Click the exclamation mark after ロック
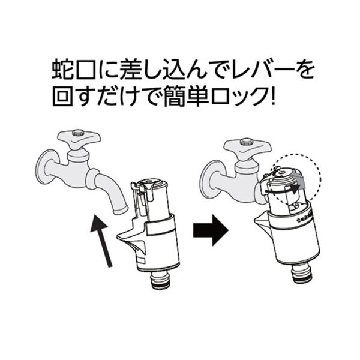[x=272, y=96]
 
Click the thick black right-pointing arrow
[x=211, y=230]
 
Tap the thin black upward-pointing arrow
[x=101, y=241]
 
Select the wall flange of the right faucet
[x=211, y=179]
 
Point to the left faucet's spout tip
[x=121, y=211]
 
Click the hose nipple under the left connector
[x=160, y=281]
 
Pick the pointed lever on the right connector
[x=262, y=220]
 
